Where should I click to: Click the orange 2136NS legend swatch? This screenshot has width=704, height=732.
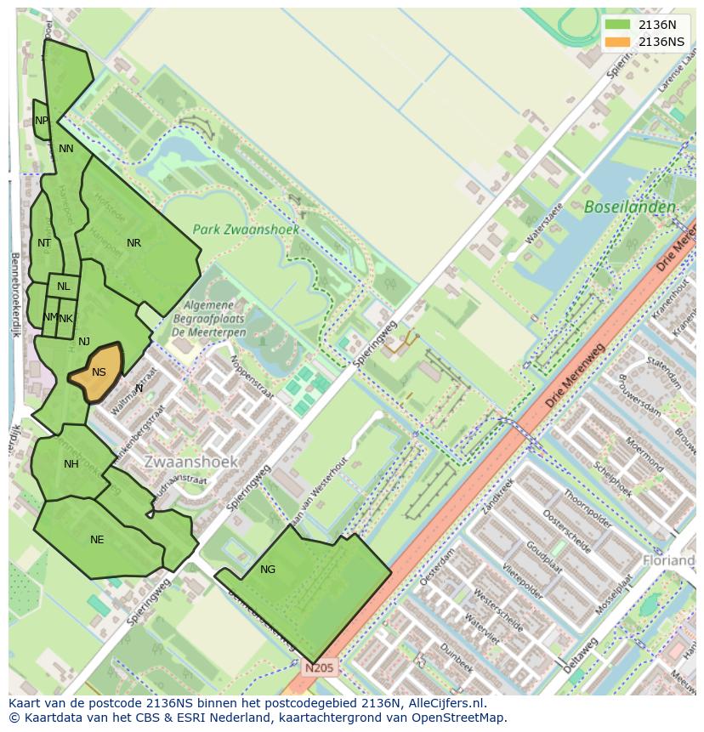click(x=618, y=42)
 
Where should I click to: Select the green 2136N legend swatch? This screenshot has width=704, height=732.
click(x=618, y=25)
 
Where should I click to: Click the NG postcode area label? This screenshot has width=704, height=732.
click(x=268, y=570)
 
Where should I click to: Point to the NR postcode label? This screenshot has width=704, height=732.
click(x=133, y=243)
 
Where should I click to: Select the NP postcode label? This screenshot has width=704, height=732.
click(x=42, y=121)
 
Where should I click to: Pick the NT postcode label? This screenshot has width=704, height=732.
click(x=44, y=243)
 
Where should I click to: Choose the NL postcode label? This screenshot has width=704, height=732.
click(x=64, y=287)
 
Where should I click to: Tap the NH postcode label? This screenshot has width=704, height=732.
click(x=71, y=464)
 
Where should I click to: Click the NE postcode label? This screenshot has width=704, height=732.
click(x=97, y=540)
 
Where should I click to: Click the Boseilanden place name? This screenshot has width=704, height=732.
click(x=630, y=207)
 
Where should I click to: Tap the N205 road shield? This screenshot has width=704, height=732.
click(x=320, y=668)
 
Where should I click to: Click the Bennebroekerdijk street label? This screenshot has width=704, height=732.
click(x=14, y=293)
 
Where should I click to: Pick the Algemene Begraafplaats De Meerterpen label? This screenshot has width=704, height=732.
click(x=214, y=319)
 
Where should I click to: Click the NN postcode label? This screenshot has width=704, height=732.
click(x=65, y=149)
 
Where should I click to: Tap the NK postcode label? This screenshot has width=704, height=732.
click(x=66, y=319)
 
